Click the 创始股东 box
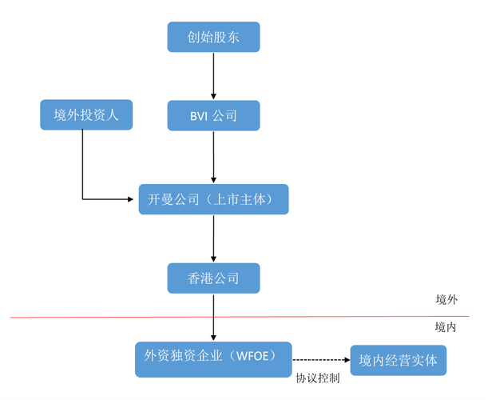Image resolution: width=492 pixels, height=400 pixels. [x=213, y=37]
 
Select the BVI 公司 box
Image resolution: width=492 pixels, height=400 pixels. [x=213, y=115]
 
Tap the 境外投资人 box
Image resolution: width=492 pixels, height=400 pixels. [x=85, y=115]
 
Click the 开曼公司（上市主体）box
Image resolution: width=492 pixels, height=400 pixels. [x=213, y=199]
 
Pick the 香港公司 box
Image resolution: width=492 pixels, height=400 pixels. [x=213, y=278]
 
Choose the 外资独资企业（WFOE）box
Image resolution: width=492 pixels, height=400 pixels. [x=213, y=358]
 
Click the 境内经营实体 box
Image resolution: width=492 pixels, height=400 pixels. [x=399, y=360]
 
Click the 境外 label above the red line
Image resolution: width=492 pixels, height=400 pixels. [x=446, y=299]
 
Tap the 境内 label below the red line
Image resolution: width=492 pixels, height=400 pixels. [x=446, y=327]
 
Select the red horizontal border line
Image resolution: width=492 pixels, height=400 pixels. [x=120, y=318]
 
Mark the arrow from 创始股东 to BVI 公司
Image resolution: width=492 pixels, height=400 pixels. [x=213, y=76]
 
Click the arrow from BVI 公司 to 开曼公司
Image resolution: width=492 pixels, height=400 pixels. [x=213, y=157]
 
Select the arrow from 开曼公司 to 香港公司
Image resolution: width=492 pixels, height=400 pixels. [x=213, y=238]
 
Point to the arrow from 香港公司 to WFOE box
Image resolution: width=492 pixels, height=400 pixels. [x=213, y=317]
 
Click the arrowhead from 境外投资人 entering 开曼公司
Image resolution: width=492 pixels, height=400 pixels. [x=133, y=199]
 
